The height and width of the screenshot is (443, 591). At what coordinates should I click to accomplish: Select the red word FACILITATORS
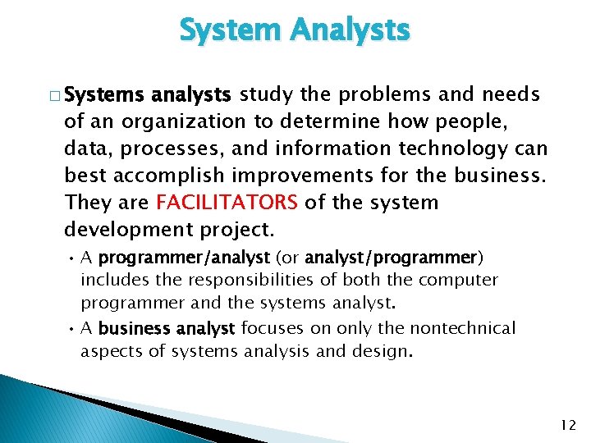coord(227,202)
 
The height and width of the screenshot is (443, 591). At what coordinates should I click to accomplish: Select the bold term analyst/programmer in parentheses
coord(391,258)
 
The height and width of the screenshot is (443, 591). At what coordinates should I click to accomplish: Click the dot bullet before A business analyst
coord(72,328)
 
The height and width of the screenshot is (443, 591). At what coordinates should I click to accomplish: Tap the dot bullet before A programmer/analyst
coord(72,258)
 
